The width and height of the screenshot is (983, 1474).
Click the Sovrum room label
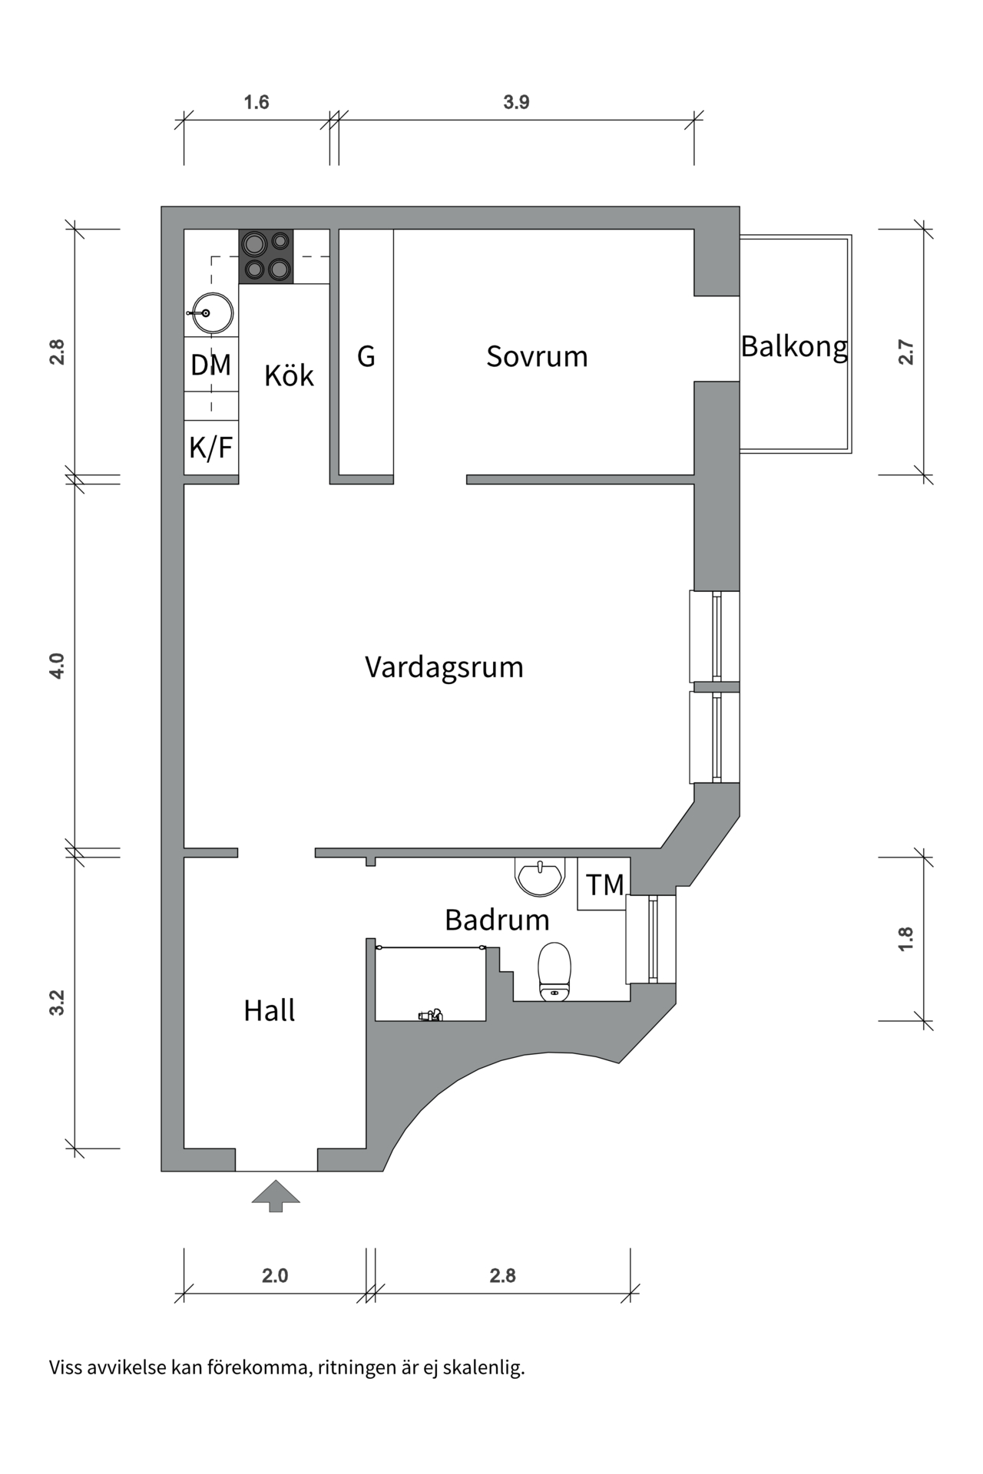pyautogui.click(x=537, y=356)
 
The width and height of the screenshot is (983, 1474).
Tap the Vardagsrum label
pyautogui.click(x=444, y=666)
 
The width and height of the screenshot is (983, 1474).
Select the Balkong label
pyautogui.click(x=794, y=347)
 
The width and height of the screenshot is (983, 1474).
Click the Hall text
pyautogui.click(x=269, y=1010)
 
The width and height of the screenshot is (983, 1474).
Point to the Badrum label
pyautogui.click(x=497, y=920)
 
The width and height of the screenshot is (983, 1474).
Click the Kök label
pyautogui.click(x=289, y=375)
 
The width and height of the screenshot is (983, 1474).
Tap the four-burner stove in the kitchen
pyautogui.click(x=266, y=256)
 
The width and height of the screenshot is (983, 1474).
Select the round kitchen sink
pyautogui.click(x=211, y=313)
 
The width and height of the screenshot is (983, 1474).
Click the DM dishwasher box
pyautogui.click(x=211, y=365)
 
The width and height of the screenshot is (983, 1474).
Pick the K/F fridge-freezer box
pyautogui.click(x=211, y=447)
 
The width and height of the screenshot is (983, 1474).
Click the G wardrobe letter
pyautogui.click(x=366, y=356)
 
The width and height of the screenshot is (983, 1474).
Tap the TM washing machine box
pyautogui.click(x=604, y=884)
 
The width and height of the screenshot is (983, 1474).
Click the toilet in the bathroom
pyautogui.click(x=554, y=972)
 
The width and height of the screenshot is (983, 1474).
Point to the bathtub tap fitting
pyautogui.click(x=431, y=1015)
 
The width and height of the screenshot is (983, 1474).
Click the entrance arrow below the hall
pyautogui.click(x=276, y=1196)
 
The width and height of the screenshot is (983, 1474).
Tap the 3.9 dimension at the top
pyautogui.click(x=516, y=102)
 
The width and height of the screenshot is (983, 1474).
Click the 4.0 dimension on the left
pyautogui.click(x=57, y=666)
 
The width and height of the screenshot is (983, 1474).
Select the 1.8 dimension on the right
pyautogui.click(x=906, y=939)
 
